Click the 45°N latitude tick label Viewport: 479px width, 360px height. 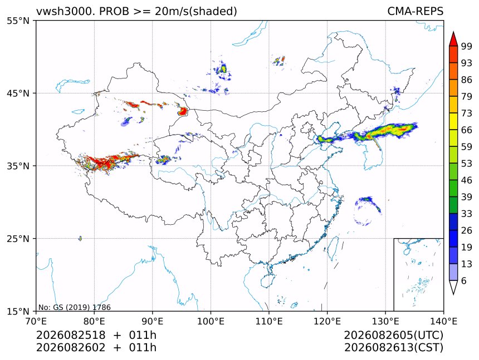[x=18, y=93]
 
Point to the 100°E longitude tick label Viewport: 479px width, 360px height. [x=211, y=321]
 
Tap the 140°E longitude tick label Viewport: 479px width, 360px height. [x=443, y=321]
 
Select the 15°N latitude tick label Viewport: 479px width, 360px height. [x=18, y=311]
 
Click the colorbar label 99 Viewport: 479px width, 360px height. [x=467, y=46]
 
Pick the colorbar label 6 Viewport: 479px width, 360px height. [x=464, y=280]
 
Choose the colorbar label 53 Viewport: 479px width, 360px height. [x=467, y=164]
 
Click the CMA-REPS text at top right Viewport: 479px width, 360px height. [x=415, y=11]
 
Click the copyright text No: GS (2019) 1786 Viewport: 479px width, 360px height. [x=75, y=307]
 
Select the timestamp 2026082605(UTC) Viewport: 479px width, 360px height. [x=394, y=335]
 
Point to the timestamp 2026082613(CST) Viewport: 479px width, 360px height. [x=394, y=348]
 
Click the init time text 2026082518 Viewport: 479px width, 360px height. [x=71, y=335]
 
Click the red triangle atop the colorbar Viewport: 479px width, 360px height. [x=453, y=40]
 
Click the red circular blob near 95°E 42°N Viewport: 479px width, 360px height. [x=183, y=111]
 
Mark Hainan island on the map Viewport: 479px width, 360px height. [x=268, y=280]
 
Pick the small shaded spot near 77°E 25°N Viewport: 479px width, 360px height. [x=80, y=238]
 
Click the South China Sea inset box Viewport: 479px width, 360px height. [x=418, y=274]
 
